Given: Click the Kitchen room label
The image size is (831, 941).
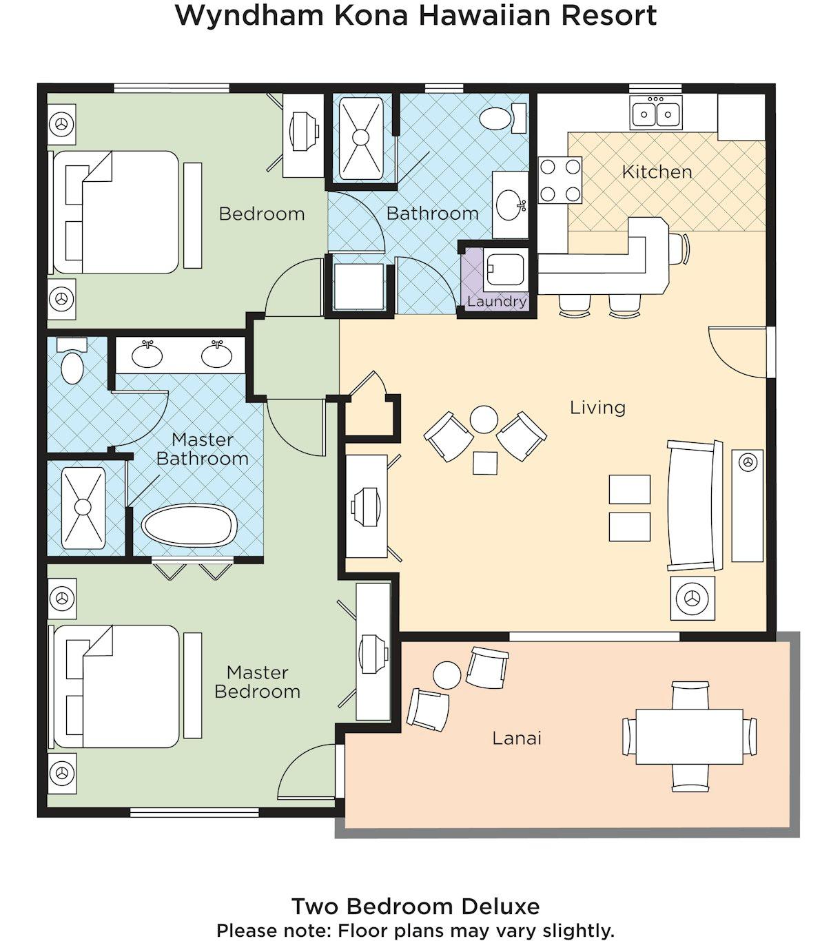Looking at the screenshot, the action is pyautogui.click(x=657, y=172).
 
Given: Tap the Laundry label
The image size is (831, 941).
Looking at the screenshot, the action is pyautogui.click(x=497, y=302).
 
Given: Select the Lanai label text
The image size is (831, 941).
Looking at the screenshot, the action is pyautogui.click(x=517, y=738).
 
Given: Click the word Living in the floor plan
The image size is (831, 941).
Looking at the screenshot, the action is pyautogui.click(x=597, y=407).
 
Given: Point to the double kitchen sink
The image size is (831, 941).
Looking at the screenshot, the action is pyautogui.click(x=656, y=112).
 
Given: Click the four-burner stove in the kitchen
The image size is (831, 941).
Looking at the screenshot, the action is pyautogui.click(x=560, y=180).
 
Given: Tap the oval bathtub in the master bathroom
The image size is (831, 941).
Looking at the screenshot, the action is pyautogui.click(x=189, y=526).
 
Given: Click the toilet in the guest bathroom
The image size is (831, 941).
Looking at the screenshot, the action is pyautogui.click(x=502, y=118).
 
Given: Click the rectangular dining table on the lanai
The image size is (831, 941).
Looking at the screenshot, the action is pyautogui.click(x=689, y=736).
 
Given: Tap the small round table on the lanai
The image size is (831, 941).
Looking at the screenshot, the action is pyautogui.click(x=447, y=675).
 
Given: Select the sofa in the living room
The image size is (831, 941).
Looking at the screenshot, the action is pyautogui.click(x=695, y=506).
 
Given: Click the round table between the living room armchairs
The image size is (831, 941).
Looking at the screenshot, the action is pyautogui.click(x=484, y=420).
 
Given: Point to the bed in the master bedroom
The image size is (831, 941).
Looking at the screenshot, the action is pyautogui.click(x=116, y=687).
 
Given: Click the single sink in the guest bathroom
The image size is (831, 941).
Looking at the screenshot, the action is pyautogui.click(x=510, y=205).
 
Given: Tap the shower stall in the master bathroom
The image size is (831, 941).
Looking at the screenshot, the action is pyautogui.click(x=83, y=508).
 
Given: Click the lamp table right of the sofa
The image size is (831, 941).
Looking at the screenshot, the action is pyautogui.click(x=748, y=506).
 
